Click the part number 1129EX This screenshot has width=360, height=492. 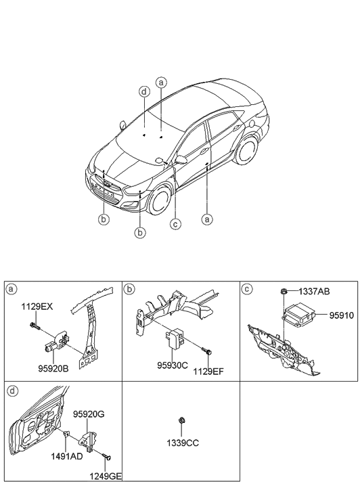tap(37, 307)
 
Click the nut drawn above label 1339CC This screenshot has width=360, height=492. tap(181, 422)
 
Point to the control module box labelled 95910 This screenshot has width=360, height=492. tap(302, 316)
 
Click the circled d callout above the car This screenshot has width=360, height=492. tap(144, 91)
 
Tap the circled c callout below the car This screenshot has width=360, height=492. tap(175, 224)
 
